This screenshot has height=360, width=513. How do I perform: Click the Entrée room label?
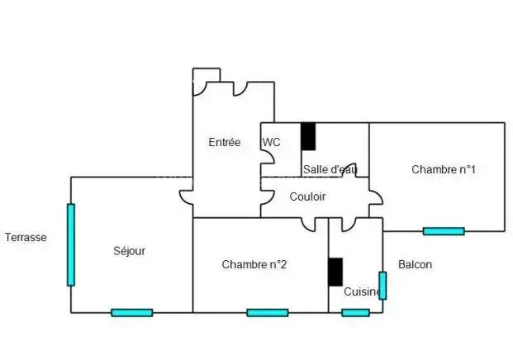click(x=224, y=142)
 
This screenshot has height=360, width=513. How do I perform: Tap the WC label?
click(x=271, y=142)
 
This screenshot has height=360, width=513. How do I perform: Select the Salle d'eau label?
click(x=330, y=169)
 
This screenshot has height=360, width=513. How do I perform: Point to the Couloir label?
click(x=307, y=197)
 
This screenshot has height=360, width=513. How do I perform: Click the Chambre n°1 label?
click(x=443, y=169)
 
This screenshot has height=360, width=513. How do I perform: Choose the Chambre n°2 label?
click(x=254, y=264)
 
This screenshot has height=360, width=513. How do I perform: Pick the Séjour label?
click(x=129, y=251)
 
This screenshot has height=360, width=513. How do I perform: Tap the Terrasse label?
click(x=26, y=237)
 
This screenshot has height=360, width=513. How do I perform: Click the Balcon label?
click(x=415, y=264)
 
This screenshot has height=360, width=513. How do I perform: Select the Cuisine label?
click(x=362, y=291)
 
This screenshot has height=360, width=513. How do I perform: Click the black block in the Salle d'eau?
click(x=307, y=136)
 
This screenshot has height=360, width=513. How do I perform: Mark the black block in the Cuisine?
click(x=335, y=272)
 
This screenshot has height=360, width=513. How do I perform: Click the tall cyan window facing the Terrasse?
click(x=71, y=244)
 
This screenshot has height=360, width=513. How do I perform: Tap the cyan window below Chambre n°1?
click(x=443, y=231)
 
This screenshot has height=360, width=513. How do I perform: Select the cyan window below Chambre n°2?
click(x=267, y=313)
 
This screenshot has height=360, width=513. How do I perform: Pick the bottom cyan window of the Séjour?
click(x=131, y=313)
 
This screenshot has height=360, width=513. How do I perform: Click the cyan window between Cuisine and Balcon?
click(x=382, y=285)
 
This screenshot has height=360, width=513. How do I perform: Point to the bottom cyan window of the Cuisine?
click(x=355, y=313)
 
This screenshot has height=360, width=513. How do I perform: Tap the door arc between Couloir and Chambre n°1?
click(x=376, y=198)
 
